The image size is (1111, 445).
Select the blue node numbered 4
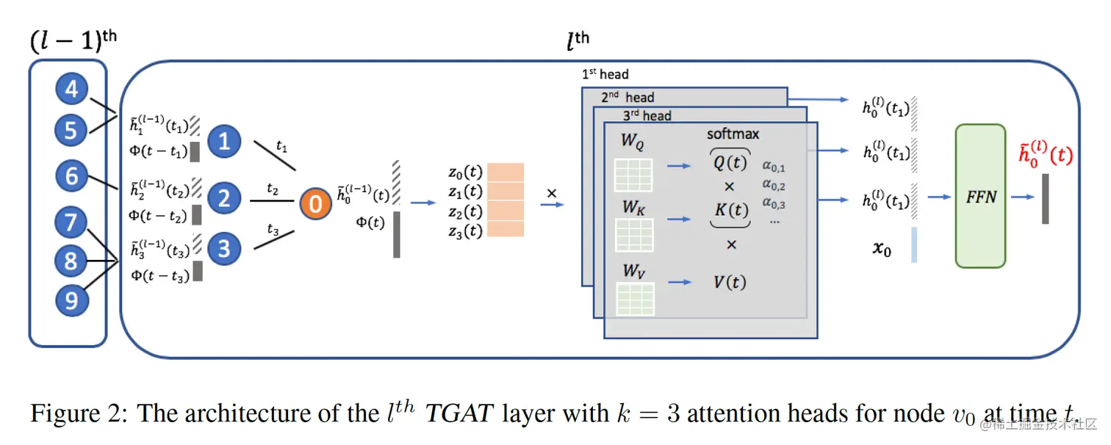(71, 90)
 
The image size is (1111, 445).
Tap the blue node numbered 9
(71, 301)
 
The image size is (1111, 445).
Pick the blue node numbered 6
(71, 176)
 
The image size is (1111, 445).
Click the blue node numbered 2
(224, 198)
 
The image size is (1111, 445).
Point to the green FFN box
(979, 196)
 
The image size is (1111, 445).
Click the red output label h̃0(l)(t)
(1044, 156)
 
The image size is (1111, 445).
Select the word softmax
(733, 134)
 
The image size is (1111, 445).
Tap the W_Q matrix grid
(633, 174)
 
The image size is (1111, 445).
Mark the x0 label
(881, 250)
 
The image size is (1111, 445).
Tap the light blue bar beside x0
(913, 245)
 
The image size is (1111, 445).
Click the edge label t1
(282, 146)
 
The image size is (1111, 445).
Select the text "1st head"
(605, 74)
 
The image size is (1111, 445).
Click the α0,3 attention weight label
(773, 204)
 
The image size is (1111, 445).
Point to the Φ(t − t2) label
(158, 215)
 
